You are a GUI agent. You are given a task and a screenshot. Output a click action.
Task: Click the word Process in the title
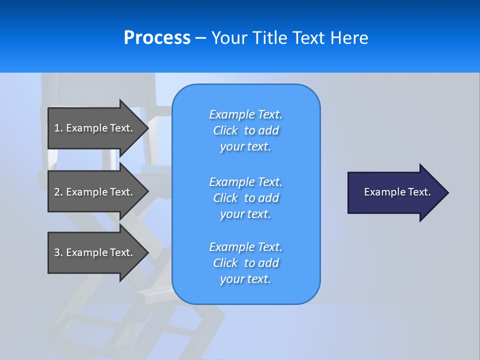(x=157, y=38)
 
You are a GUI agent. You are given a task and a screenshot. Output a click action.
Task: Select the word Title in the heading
(x=270, y=38)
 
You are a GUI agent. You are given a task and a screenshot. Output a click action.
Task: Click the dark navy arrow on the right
(x=395, y=192)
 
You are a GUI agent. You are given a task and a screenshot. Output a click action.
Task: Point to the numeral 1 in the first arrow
(x=57, y=128)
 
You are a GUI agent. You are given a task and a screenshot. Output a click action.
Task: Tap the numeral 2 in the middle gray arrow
(x=57, y=192)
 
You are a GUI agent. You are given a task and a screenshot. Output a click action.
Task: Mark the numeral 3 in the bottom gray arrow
(x=57, y=252)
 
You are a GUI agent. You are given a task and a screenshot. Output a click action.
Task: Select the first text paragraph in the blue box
(x=245, y=130)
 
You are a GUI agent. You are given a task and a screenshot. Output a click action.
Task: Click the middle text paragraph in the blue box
(x=245, y=198)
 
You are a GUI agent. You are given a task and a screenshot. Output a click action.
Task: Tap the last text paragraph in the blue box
(x=245, y=263)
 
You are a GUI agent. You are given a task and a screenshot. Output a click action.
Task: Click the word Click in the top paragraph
(x=225, y=130)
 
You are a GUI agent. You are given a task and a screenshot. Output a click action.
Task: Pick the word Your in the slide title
(x=229, y=38)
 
